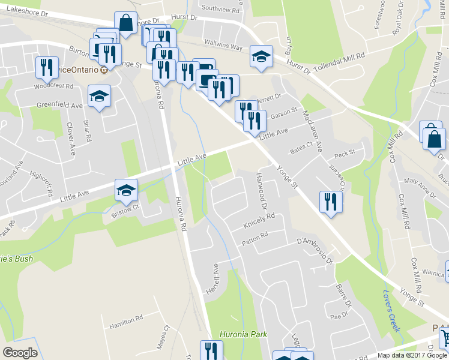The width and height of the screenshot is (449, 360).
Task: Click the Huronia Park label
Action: click(243, 335)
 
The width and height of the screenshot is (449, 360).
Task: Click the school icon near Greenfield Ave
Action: click(100, 96)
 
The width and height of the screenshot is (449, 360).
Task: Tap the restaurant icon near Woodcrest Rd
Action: click(47, 67)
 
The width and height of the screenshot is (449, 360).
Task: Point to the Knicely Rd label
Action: click(259, 223)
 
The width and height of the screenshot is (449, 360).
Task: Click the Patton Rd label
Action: click(254, 238)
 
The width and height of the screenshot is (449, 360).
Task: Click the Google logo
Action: click(20, 353)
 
